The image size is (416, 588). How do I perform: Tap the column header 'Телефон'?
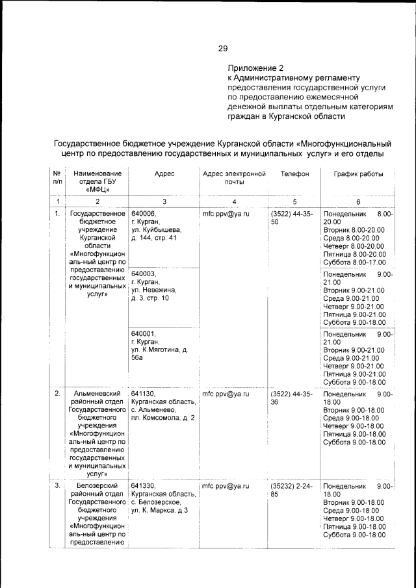(x=294, y=174)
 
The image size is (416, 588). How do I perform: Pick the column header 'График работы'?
(x=358, y=174)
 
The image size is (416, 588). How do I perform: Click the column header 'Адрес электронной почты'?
(x=234, y=179)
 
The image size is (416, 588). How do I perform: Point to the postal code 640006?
(x=143, y=213)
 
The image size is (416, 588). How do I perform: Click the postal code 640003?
(x=143, y=274)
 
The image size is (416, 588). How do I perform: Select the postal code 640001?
(x=143, y=334)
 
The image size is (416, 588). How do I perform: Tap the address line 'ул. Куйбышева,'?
(x=157, y=230)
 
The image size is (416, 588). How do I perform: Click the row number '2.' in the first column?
(x=57, y=394)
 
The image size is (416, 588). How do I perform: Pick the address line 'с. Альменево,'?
(x=154, y=410)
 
